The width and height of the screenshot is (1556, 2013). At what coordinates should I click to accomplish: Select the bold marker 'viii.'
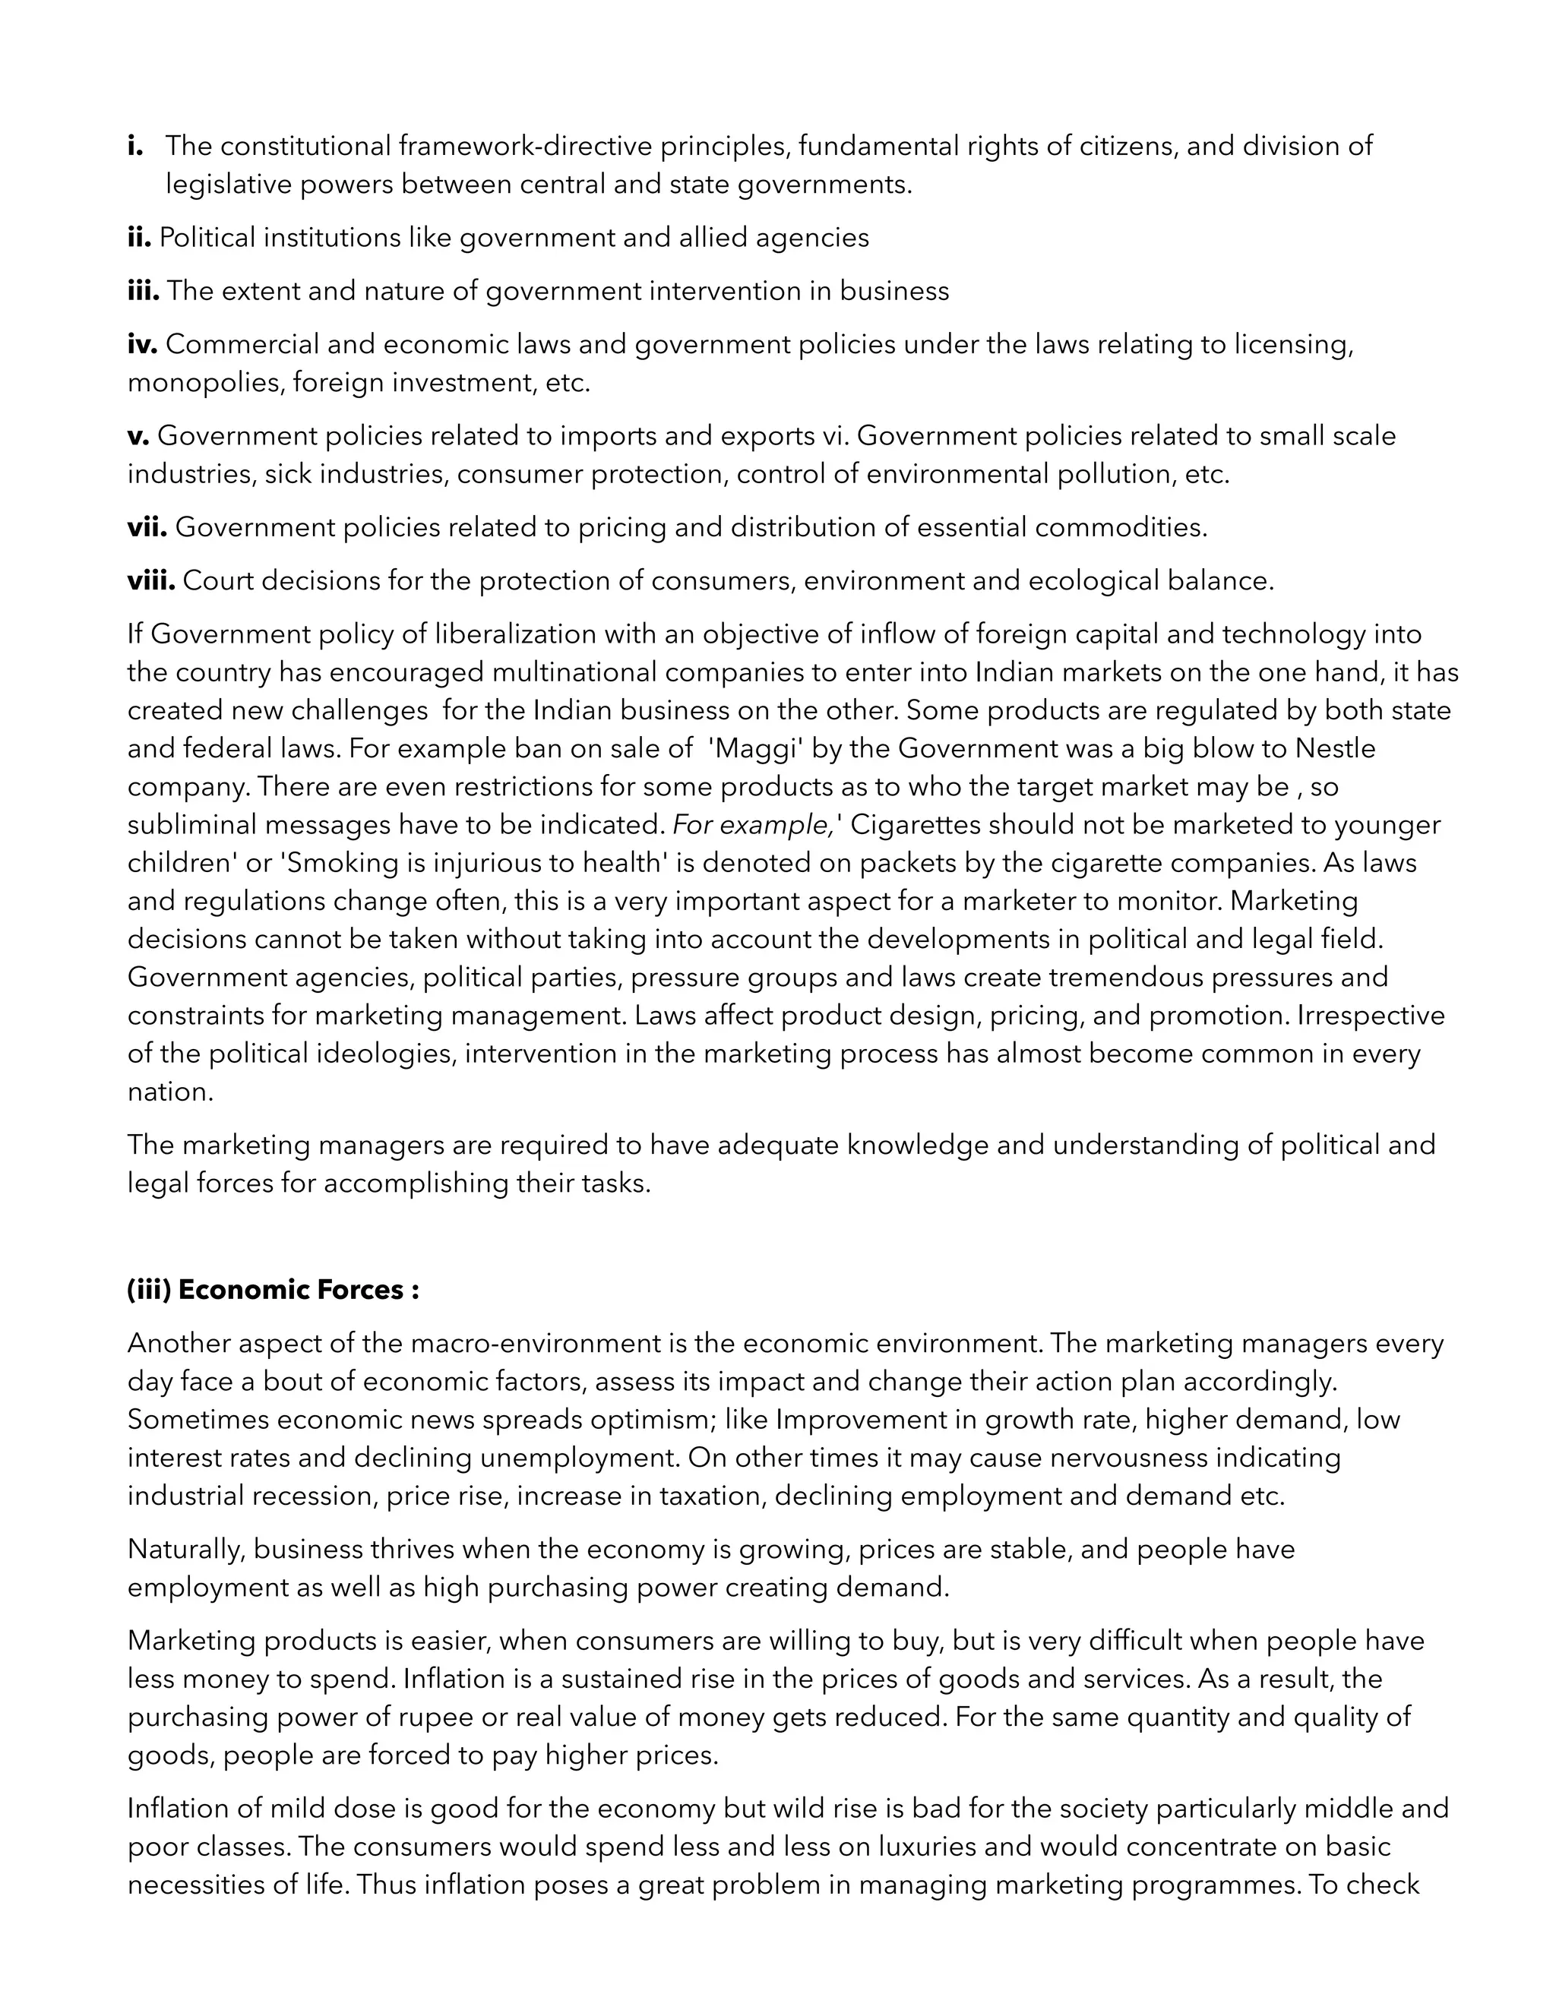click(x=151, y=580)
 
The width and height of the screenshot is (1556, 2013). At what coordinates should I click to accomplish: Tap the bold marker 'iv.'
click(x=143, y=344)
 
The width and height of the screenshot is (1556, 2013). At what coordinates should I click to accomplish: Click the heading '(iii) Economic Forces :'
click(x=273, y=1290)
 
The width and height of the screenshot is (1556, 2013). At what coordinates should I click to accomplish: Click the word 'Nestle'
click(x=1335, y=747)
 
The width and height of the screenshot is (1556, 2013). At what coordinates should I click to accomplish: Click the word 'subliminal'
click(x=191, y=824)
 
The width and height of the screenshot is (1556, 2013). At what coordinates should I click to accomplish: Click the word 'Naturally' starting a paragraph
click(x=186, y=1548)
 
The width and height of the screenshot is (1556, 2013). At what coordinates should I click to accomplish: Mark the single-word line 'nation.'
click(x=170, y=1092)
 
